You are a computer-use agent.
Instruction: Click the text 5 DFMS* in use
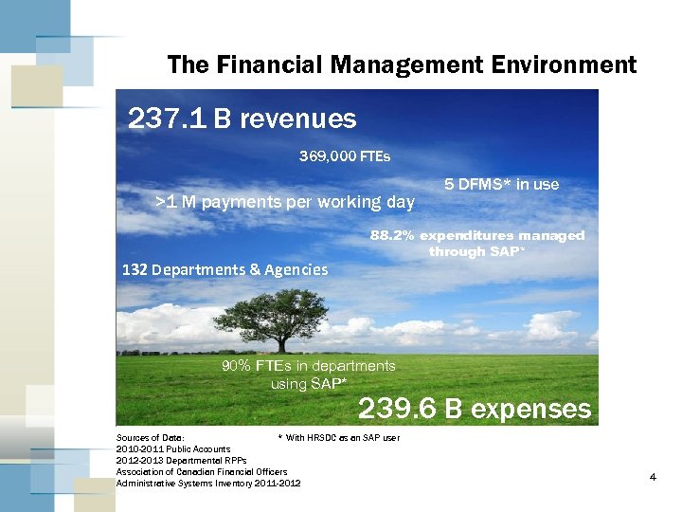click(x=502, y=184)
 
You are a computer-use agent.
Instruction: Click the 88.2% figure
click(x=392, y=235)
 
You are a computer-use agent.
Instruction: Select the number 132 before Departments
click(x=135, y=269)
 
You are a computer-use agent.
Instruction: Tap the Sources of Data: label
click(x=150, y=437)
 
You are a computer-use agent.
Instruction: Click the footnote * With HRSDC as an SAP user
click(x=338, y=437)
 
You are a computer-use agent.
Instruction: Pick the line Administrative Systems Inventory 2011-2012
click(x=207, y=483)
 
